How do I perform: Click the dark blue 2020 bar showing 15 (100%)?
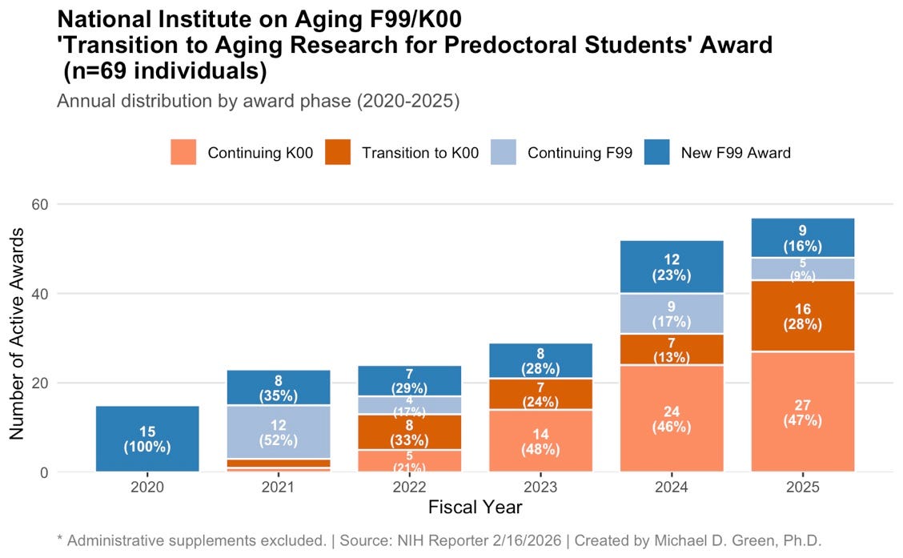147,439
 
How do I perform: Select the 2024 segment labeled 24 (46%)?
672,419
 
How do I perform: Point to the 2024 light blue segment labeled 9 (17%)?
672,313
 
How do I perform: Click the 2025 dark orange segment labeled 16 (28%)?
802,316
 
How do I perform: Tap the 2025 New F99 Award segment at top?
802,238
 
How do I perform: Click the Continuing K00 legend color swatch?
183,152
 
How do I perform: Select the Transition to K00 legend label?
420,153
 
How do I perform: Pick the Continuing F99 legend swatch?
504,152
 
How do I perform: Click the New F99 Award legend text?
735,153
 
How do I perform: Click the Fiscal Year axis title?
475,507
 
